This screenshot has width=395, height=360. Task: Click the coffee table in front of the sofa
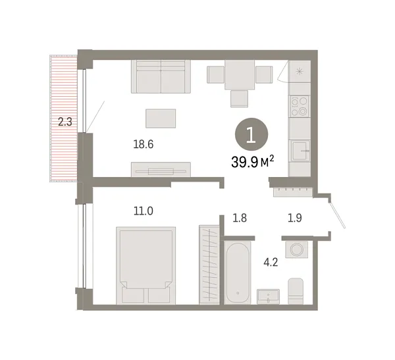tap(161, 118)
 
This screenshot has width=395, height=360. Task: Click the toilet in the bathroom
tap(296, 290)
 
